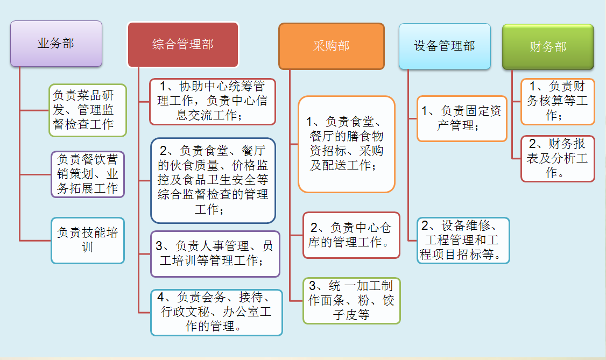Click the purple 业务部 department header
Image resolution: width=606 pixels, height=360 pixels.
[x=56, y=44]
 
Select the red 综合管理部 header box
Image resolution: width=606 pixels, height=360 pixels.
[x=183, y=45]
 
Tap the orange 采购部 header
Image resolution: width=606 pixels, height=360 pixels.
[x=332, y=46]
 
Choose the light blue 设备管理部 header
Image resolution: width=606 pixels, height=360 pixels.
[x=445, y=46]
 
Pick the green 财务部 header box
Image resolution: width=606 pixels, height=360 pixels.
[x=548, y=47]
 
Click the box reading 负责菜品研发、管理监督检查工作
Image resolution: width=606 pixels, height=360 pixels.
[x=88, y=110]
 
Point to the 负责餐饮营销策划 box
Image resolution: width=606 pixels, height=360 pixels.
[x=88, y=174]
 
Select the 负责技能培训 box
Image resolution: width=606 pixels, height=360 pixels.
[x=88, y=240]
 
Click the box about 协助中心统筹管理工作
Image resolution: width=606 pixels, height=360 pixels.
[x=213, y=102]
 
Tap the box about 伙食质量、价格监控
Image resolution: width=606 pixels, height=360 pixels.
[x=213, y=180]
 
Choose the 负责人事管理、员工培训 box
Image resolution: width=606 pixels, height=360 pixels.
[x=215, y=254]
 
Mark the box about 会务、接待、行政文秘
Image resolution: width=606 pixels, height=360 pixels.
[x=216, y=313]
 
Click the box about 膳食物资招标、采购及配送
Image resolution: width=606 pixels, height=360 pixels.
[x=346, y=144]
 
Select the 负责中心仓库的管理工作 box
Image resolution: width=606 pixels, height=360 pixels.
[x=351, y=235]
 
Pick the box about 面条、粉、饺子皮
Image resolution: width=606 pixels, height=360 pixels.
[x=351, y=300]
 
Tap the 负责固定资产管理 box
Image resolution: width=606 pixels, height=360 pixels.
[x=462, y=118]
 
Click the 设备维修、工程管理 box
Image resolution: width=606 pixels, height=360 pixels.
[x=463, y=240]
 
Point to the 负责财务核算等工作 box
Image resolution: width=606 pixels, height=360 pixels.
[x=558, y=102]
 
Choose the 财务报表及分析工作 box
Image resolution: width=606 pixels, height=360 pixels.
[x=558, y=158]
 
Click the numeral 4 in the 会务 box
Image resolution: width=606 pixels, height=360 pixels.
[x=161, y=297]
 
